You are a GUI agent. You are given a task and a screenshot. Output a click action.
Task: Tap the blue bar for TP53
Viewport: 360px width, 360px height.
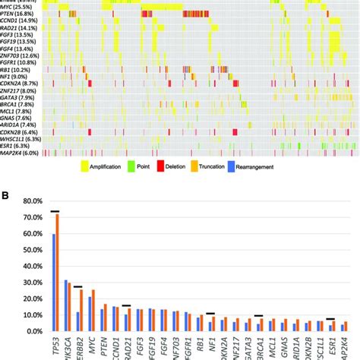pyautogui.click(x=53, y=283)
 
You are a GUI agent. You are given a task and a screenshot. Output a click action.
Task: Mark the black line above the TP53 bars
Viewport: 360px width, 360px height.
pyautogui.click(x=55, y=211)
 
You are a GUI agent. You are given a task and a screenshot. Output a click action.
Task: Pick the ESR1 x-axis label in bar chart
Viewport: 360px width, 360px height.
pyautogui.click(x=332, y=346)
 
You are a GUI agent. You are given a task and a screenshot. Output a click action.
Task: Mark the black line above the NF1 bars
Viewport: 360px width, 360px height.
pyautogui.click(x=211, y=313)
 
